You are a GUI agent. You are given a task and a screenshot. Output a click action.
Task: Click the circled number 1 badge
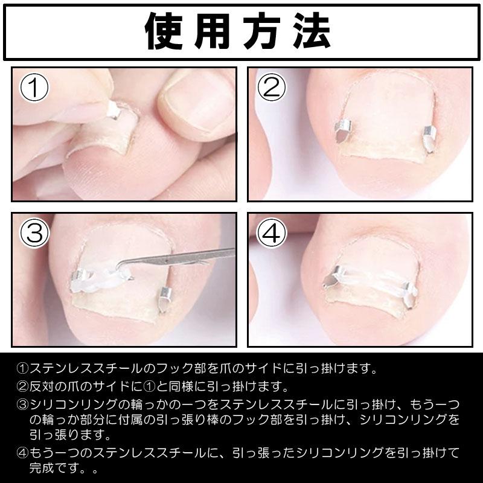click(x=34, y=89)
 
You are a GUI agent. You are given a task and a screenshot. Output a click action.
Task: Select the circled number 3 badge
click(x=34, y=234)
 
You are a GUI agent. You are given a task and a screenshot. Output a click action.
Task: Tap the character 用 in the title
click(x=217, y=31)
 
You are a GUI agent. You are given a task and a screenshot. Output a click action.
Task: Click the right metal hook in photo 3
click(x=165, y=298)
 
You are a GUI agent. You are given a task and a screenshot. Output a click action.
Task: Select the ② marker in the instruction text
click(x=22, y=385)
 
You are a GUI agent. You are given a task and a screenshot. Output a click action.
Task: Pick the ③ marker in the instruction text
click(x=22, y=403)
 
